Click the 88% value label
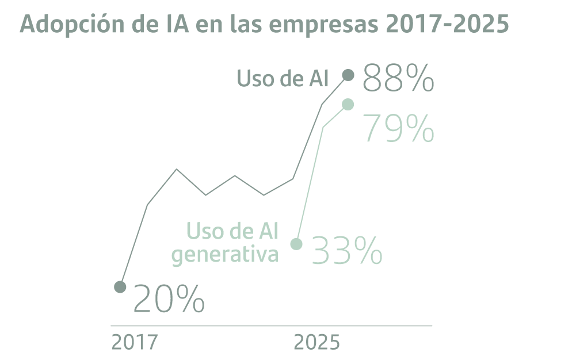[398, 78]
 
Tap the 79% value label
[398, 128]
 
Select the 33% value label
[346, 251]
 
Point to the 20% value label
[169, 299]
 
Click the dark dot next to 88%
[348, 75]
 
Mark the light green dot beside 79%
[348, 104]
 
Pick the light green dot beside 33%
[296, 244]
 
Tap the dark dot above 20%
[120, 286]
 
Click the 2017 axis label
[134, 342]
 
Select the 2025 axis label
[317, 342]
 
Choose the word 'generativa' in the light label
[225, 254]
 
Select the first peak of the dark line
[177, 169]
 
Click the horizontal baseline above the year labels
[270, 325]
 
